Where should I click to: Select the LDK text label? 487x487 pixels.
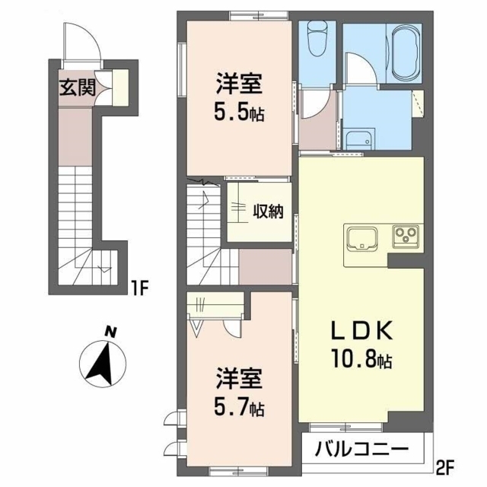pos(360,332)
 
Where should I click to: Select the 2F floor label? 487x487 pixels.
pos(446,463)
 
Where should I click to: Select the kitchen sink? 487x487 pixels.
pos(362,237)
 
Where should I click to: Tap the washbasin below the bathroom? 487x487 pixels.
pos(357,138)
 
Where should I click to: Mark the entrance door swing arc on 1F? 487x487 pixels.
pos(78,44)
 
